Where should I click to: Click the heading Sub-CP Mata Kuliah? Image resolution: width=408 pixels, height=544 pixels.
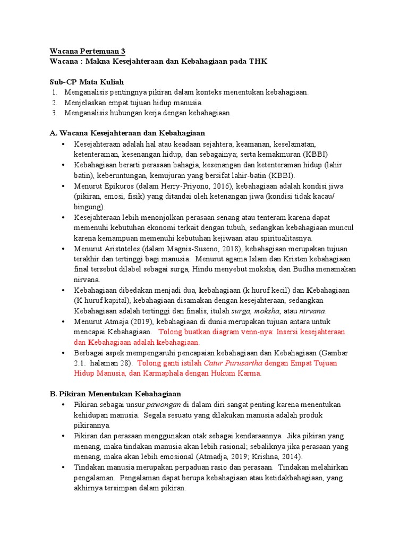[87, 82]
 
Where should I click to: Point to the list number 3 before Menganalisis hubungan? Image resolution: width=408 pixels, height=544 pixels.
[55, 113]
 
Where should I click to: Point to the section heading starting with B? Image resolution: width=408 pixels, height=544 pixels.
[115, 394]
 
